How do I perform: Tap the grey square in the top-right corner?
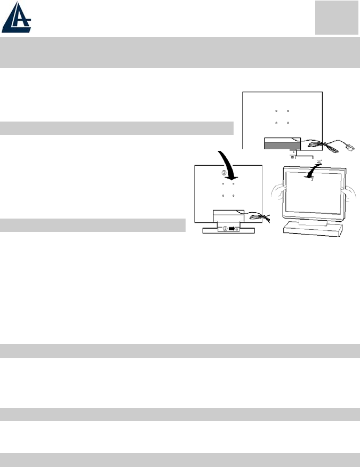point(336,18)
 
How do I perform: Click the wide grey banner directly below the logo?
point(180,52)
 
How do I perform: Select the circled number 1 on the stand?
point(225,228)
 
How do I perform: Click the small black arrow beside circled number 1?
point(232,228)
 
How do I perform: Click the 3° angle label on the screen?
point(313,180)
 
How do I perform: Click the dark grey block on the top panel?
point(282,144)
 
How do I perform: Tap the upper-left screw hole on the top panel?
point(276,111)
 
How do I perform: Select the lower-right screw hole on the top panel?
point(288,123)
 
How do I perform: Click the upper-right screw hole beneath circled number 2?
point(234,184)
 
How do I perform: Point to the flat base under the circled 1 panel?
point(228,230)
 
